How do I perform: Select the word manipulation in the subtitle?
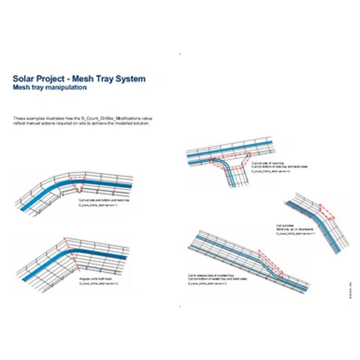click(67, 87)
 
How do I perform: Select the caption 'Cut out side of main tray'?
click(266, 162)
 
